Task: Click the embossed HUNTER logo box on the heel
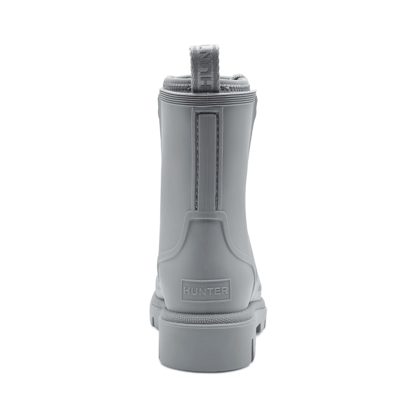[x=206, y=290]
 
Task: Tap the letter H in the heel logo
[x=187, y=291]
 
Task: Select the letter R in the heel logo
[x=225, y=291]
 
